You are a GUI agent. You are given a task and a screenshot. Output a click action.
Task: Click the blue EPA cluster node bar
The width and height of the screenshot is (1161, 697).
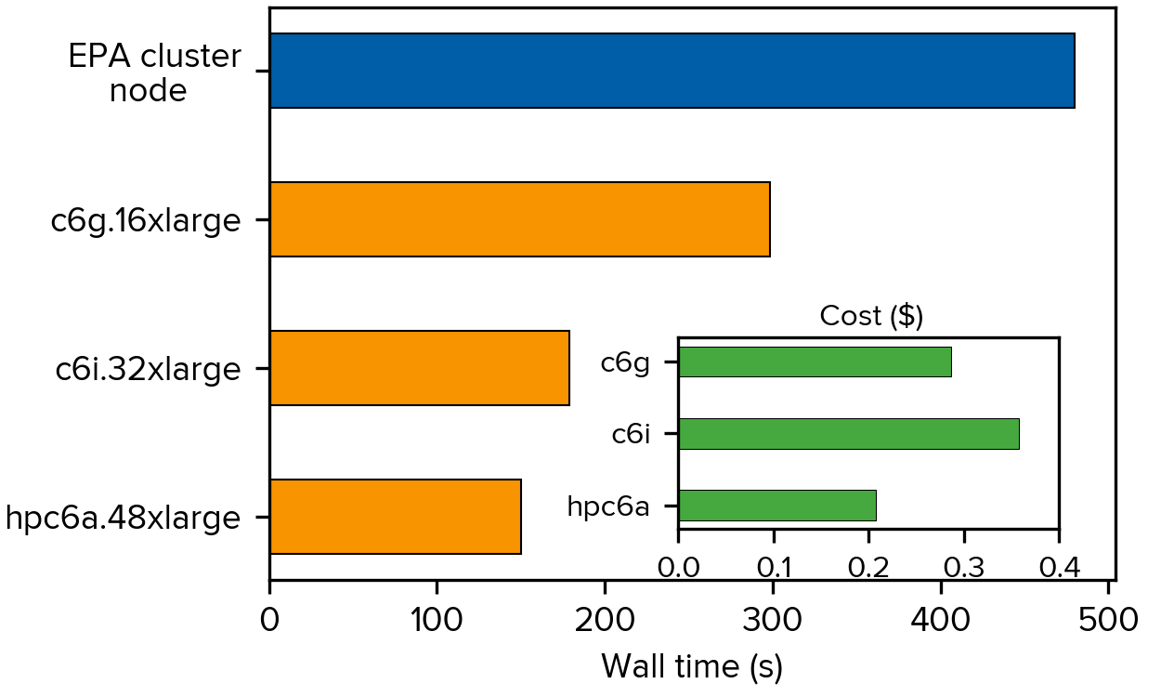pos(672,71)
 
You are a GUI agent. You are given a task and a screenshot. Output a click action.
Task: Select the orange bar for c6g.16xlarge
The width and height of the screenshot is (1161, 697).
pos(519,219)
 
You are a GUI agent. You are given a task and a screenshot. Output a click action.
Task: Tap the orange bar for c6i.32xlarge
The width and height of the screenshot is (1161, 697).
pos(419,368)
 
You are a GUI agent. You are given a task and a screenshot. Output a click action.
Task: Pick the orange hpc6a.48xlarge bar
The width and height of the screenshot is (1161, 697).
pos(395,517)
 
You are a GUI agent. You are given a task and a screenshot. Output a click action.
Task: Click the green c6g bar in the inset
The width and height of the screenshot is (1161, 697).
pos(815,362)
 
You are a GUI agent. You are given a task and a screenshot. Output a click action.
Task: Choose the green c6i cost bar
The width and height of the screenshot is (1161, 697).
pos(848,434)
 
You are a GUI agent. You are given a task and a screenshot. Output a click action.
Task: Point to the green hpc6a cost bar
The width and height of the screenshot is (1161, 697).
pos(777,506)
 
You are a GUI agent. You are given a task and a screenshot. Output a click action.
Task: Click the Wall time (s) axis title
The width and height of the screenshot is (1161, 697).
pos(692,666)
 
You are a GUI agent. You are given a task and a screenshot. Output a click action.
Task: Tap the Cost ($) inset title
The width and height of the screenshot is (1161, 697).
pos(871,316)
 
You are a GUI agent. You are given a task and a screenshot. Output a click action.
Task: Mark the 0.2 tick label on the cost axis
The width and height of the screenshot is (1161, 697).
pos(868,566)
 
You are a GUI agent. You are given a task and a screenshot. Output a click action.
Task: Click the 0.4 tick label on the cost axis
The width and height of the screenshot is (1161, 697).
pos(1059,566)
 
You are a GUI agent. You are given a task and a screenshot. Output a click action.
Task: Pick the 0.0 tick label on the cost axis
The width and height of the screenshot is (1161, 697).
pos(678,566)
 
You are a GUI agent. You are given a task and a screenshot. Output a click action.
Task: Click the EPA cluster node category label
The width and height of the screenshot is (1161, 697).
pos(154,73)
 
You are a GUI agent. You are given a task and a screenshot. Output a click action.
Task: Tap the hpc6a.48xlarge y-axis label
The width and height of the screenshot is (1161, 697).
pos(123,518)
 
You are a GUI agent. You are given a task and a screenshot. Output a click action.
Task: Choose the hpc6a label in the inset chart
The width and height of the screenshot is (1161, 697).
pos(608,507)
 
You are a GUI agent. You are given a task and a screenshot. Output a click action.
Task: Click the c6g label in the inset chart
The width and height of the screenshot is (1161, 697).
pos(625,362)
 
